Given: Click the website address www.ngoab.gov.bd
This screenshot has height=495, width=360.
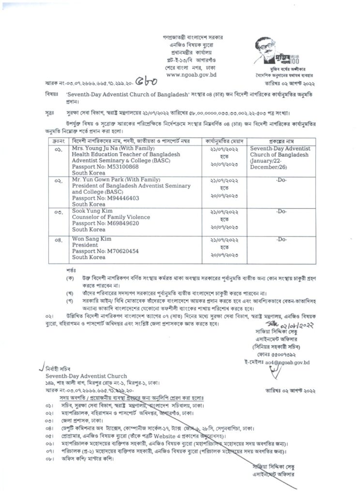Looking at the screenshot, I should (191, 75).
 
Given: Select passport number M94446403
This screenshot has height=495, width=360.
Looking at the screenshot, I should (115, 198).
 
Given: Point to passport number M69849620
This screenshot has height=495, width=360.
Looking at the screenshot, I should (115, 224).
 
